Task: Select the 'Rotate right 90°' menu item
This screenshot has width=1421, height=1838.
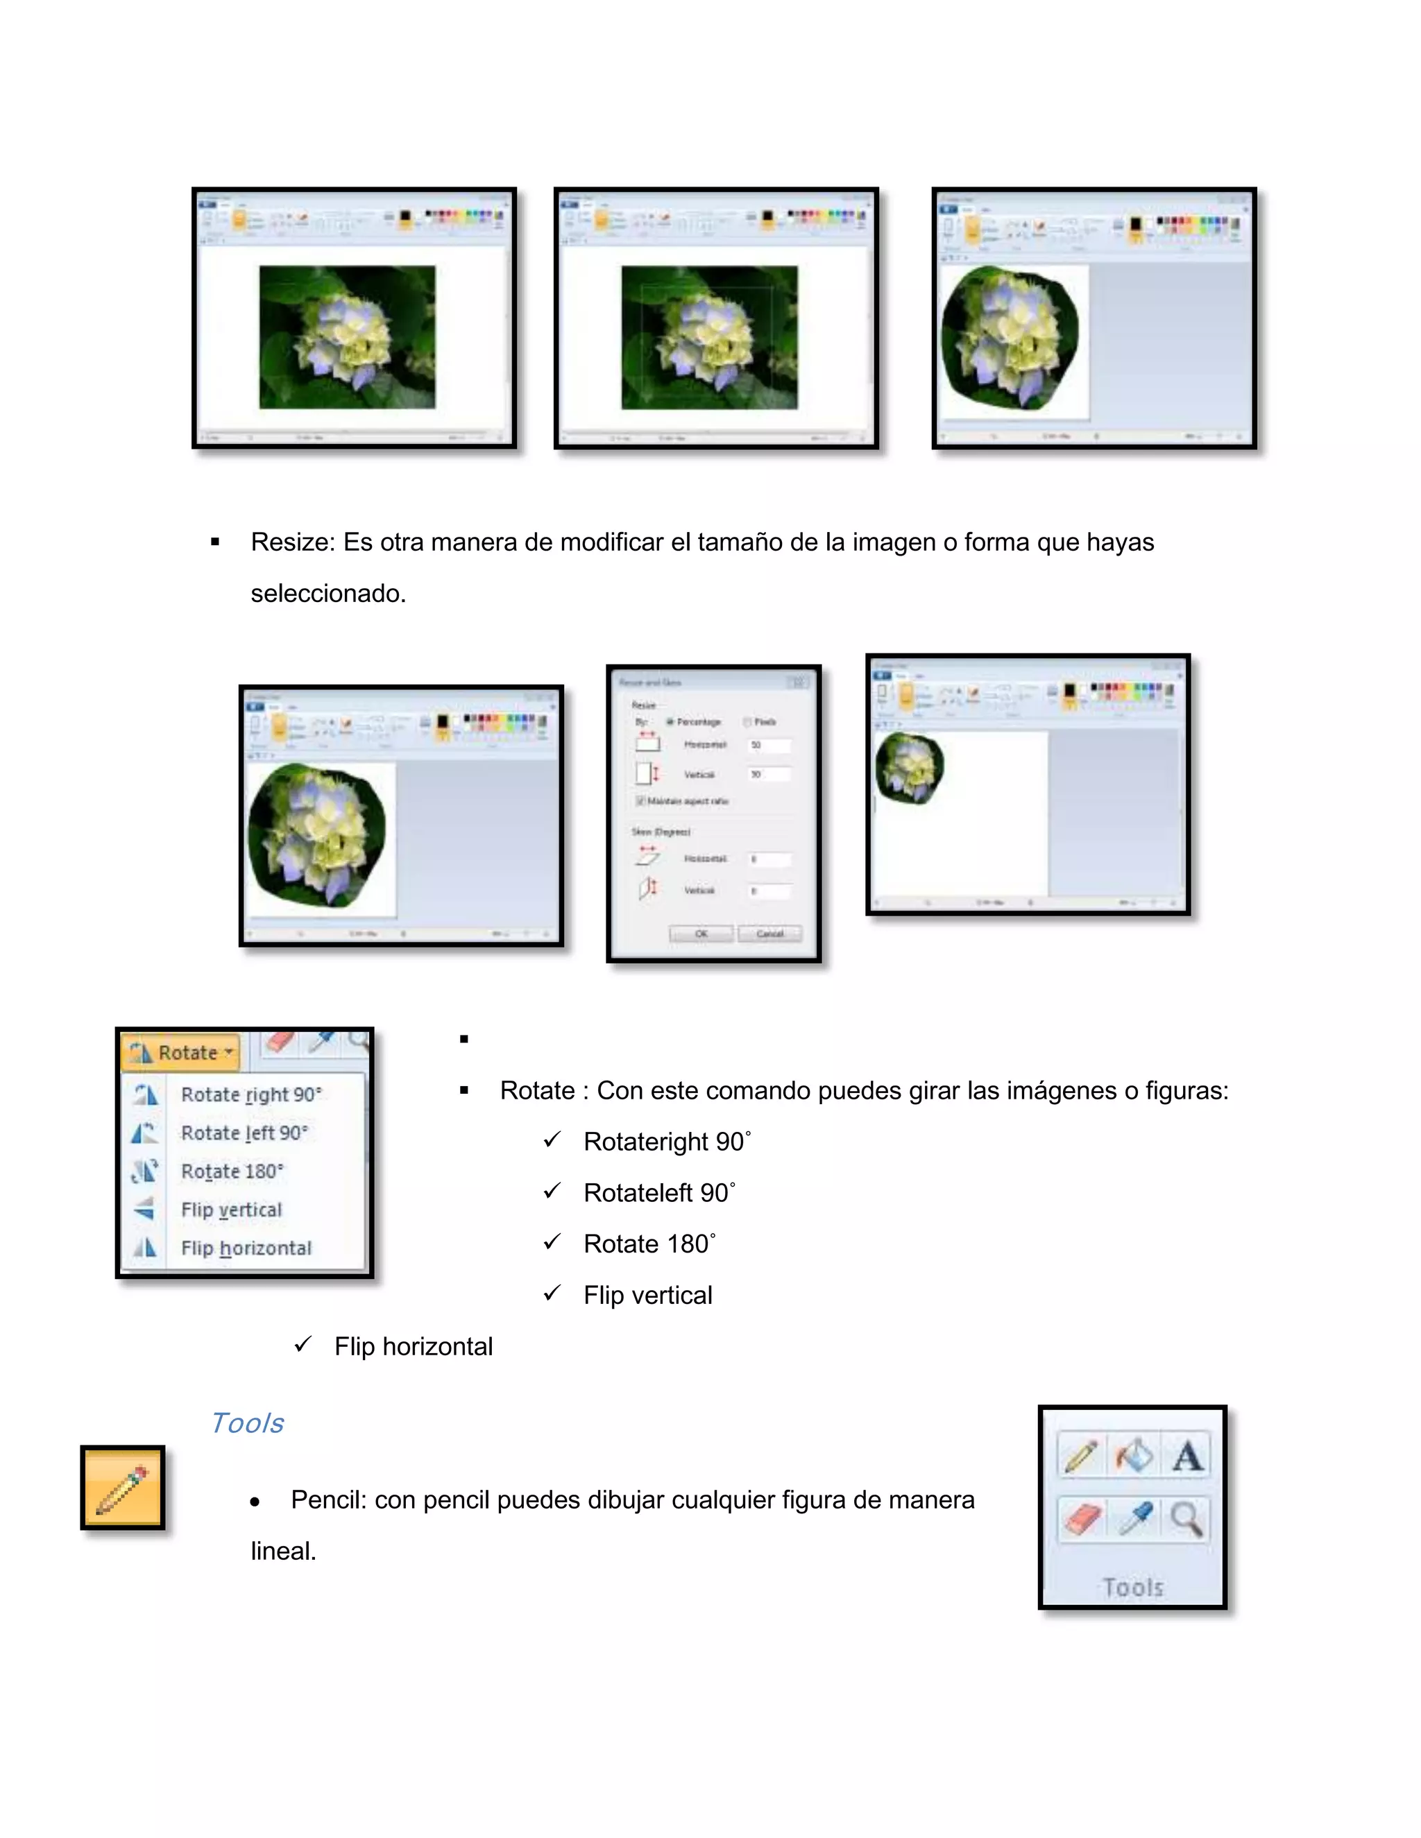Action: pos(250,1095)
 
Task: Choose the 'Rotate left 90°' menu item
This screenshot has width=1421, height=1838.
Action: pos(244,1133)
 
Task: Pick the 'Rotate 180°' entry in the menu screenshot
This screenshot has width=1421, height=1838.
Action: pos(232,1171)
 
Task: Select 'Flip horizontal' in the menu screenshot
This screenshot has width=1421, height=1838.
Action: pos(245,1248)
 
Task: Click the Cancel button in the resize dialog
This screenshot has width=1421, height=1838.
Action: pos(769,934)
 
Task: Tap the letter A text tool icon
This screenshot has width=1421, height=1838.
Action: pos(1187,1456)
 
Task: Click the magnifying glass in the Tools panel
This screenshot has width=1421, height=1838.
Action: pos(1186,1519)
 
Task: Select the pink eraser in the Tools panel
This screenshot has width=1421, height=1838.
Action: pos(1082,1519)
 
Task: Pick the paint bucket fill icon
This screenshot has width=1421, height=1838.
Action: pos(1134,1456)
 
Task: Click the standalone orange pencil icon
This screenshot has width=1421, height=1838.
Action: pos(123,1487)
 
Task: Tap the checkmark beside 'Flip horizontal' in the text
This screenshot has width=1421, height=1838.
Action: pos(304,1345)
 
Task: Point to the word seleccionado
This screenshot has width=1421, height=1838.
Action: pos(328,593)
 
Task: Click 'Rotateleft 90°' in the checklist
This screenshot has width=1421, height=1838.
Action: pos(658,1192)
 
